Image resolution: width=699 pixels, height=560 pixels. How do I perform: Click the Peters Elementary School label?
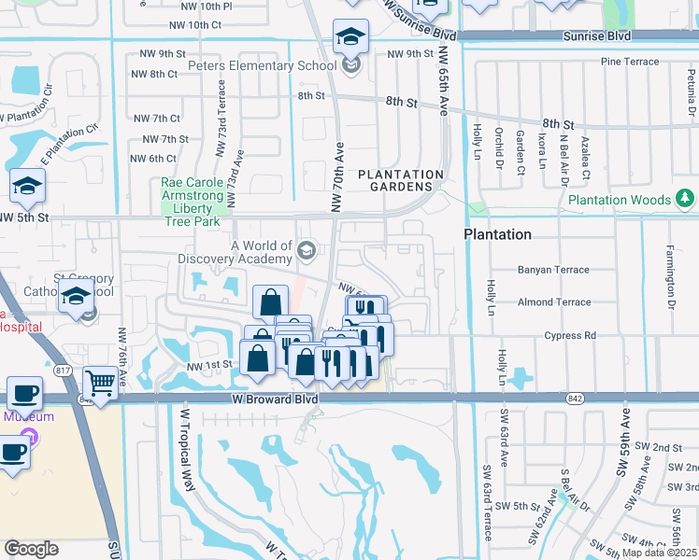click(x=262, y=66)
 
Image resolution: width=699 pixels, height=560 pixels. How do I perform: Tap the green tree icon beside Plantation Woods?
click(x=685, y=199)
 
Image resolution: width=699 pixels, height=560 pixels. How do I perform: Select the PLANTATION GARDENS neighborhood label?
click(x=401, y=181)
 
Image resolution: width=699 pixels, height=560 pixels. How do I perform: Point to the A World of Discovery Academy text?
click(x=235, y=251)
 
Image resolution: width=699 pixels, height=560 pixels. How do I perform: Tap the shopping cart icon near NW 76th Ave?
click(x=100, y=382)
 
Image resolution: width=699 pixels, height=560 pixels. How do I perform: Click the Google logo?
click(x=31, y=549)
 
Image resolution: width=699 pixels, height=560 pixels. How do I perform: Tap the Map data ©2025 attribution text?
click(x=659, y=553)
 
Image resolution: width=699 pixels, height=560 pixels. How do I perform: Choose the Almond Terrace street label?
click(x=554, y=302)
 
